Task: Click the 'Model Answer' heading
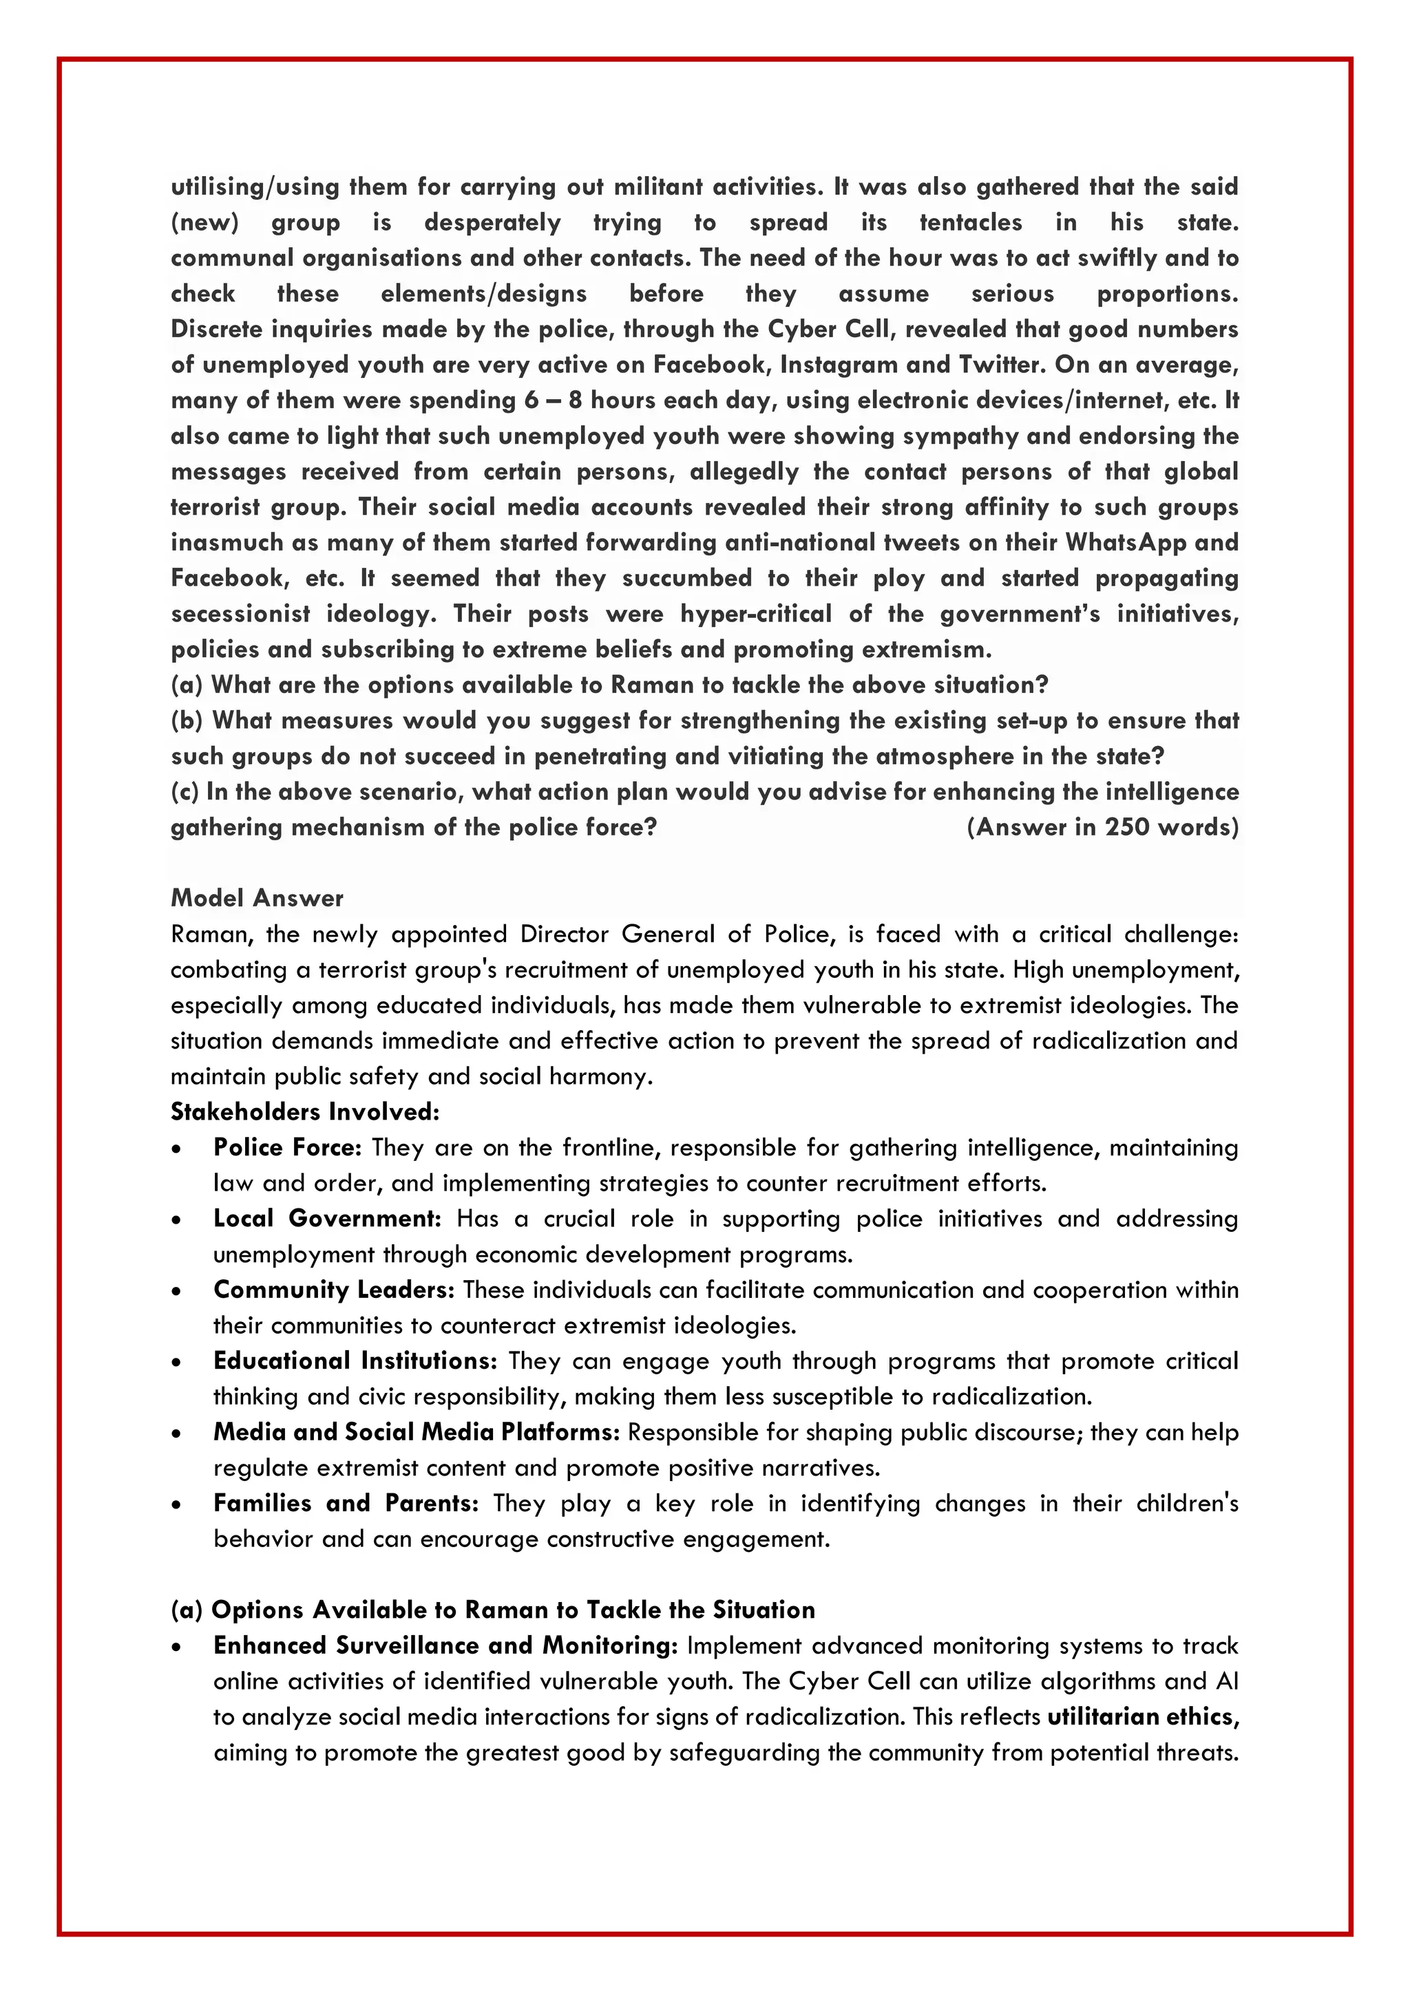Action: [257, 898]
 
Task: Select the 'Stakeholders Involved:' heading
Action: [305, 1112]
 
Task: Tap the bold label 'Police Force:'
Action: [287, 1147]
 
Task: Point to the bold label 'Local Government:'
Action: [327, 1219]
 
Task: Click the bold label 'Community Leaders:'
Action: [333, 1290]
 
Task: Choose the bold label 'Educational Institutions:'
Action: [355, 1361]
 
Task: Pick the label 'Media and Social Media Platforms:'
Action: [417, 1432]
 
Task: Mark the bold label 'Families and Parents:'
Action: [346, 1504]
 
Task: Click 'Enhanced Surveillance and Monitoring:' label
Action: [445, 1645]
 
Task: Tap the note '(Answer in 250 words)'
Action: [1103, 827]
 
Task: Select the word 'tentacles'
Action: [971, 222]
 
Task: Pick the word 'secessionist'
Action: [240, 614]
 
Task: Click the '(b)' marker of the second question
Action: [187, 721]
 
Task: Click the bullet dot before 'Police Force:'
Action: [177, 1149]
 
